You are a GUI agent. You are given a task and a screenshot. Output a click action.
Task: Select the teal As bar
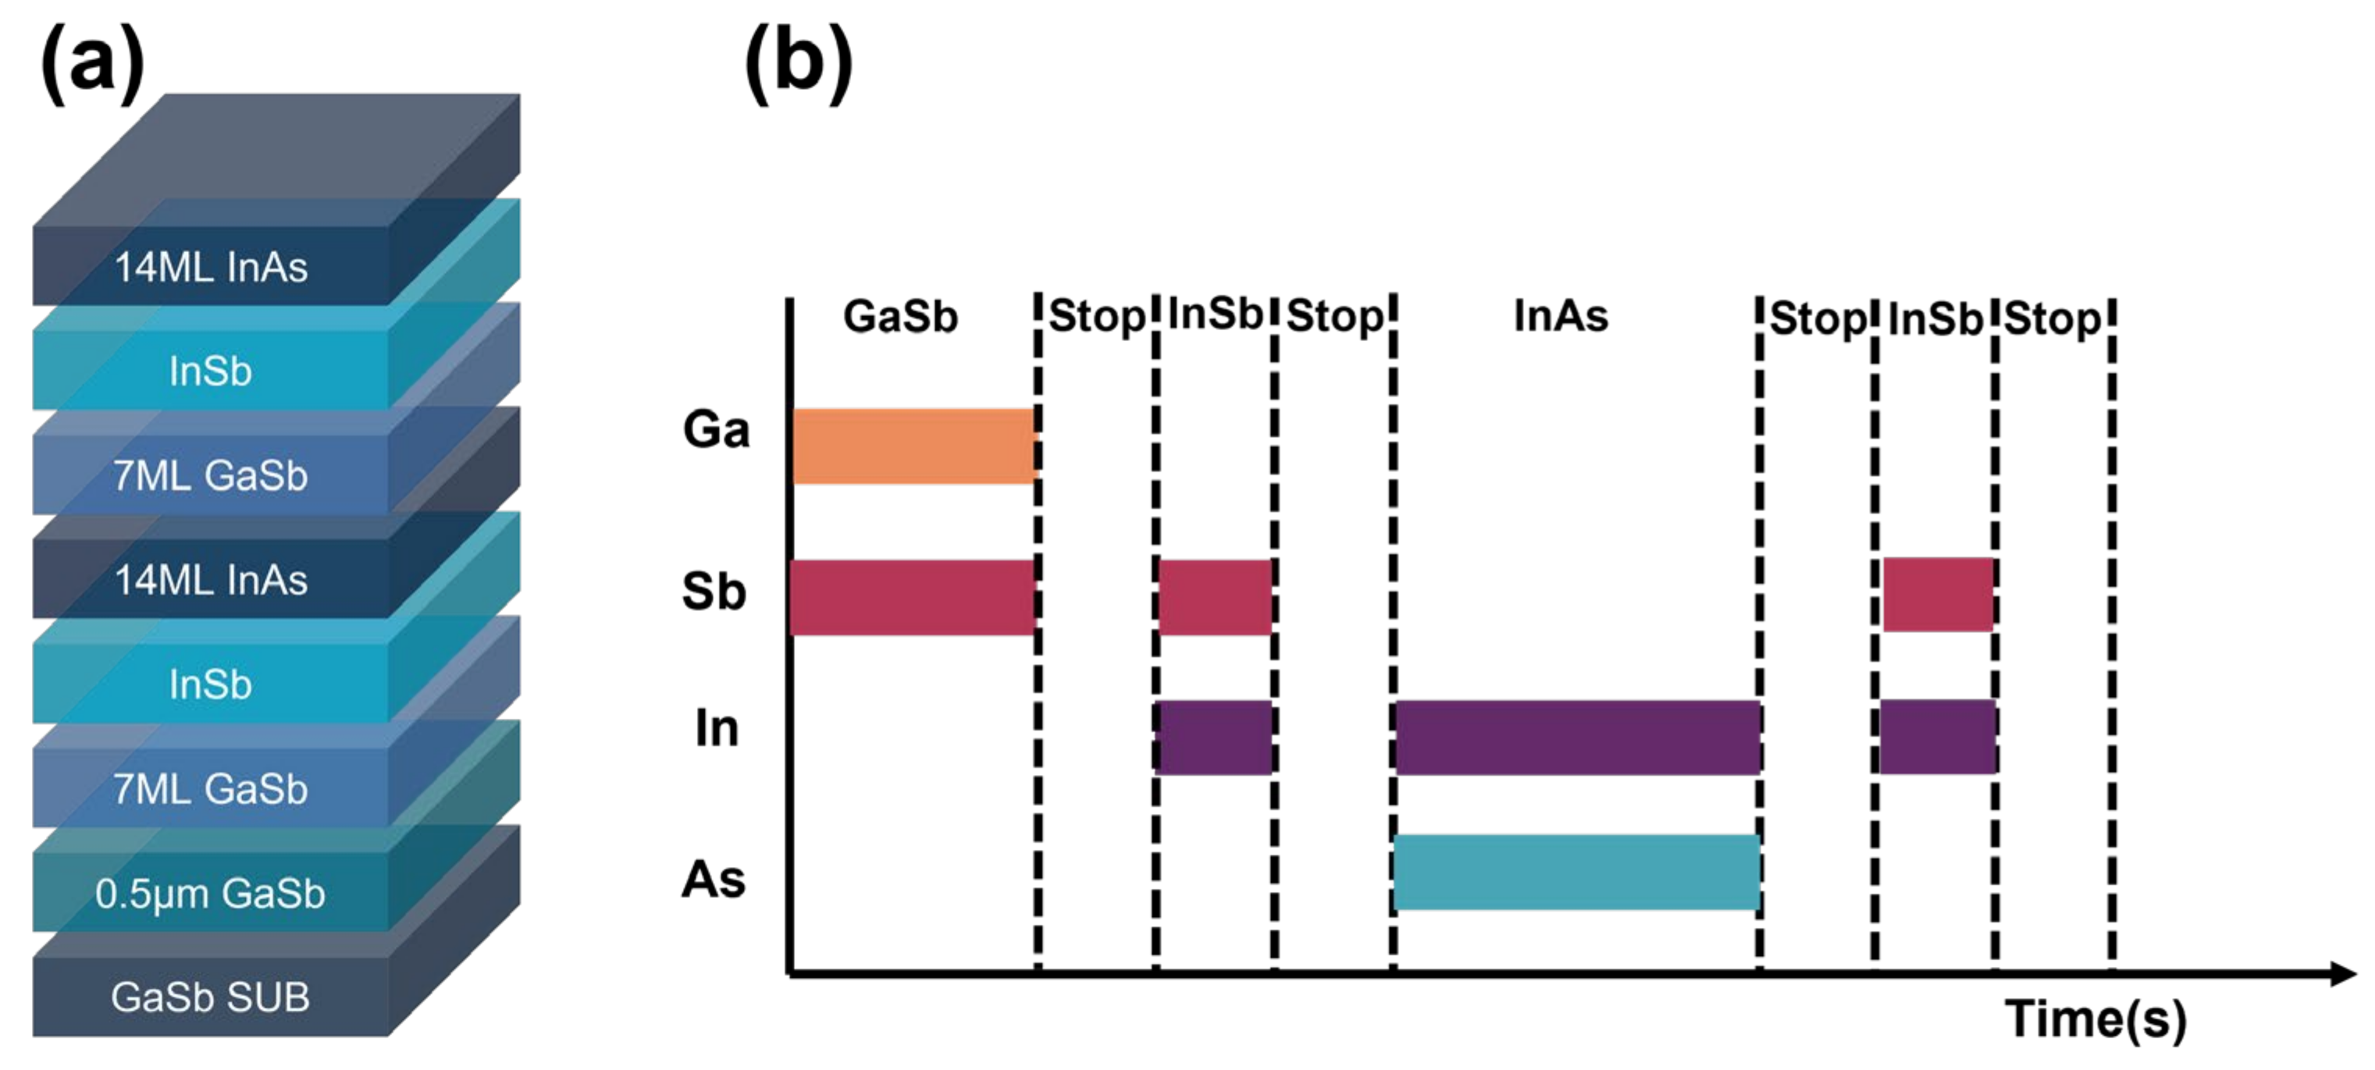coord(1576,872)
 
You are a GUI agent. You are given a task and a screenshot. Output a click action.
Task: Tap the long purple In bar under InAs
coord(1579,738)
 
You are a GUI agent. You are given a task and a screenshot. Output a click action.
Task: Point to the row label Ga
coord(717,430)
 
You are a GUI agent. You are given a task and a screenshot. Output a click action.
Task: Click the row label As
coord(714,880)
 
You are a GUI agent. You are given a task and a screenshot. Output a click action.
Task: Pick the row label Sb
coord(714,592)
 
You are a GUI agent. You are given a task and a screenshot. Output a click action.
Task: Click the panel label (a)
coord(92,65)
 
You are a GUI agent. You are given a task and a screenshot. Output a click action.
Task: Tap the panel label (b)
coord(799,65)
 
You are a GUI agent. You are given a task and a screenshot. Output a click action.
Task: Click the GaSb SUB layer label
coord(210,997)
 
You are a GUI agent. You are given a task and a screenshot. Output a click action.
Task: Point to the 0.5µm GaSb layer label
coord(210,894)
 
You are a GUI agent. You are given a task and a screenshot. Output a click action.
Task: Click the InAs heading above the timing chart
coord(1561,316)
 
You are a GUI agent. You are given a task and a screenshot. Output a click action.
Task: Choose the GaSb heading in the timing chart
coord(901,317)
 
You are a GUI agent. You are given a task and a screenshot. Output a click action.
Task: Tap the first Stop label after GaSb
coord(1097,317)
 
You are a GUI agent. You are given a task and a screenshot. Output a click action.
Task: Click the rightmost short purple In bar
coord(1938,738)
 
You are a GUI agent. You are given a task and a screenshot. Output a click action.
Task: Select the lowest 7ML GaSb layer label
coord(210,790)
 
